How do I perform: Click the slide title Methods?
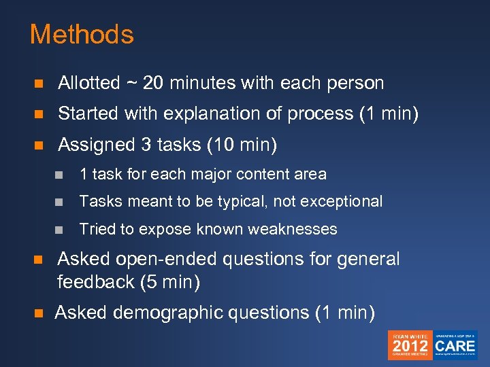[x=82, y=35]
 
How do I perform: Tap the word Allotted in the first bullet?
[x=89, y=84]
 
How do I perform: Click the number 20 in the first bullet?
[x=153, y=84]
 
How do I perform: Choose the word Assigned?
[x=95, y=145]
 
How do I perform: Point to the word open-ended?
[x=171, y=259]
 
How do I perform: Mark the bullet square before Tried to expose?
[x=61, y=230]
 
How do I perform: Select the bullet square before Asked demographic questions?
[x=39, y=313]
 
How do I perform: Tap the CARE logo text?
[x=455, y=345]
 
